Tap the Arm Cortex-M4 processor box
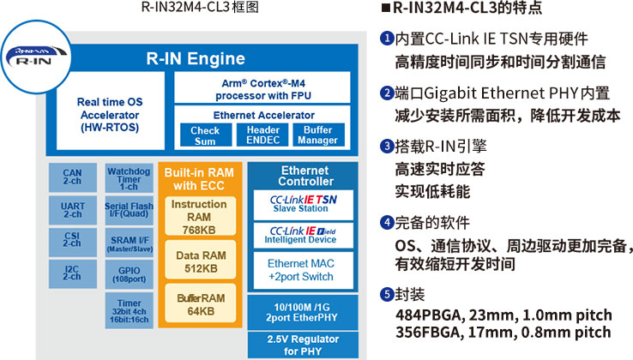(x=262, y=87)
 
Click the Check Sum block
(x=204, y=135)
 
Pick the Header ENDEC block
(x=262, y=135)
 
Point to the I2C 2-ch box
(x=73, y=273)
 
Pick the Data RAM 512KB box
(x=199, y=262)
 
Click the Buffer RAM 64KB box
(x=199, y=304)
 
